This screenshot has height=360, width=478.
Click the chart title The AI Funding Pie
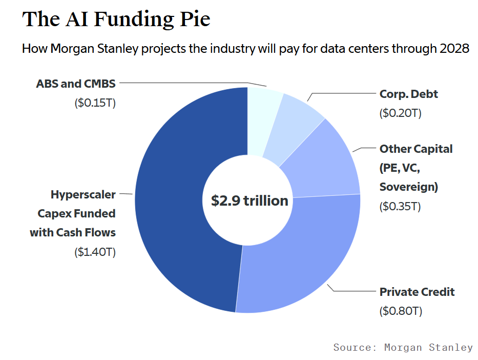pos(116,19)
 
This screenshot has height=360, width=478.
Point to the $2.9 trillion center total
pos(250,201)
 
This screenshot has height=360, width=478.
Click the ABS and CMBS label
pos(76,83)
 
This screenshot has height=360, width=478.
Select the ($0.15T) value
pos(95,103)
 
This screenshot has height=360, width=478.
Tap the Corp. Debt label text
pos(408,94)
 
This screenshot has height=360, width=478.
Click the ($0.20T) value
pos(400,113)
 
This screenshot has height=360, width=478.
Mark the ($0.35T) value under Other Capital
pos(400,206)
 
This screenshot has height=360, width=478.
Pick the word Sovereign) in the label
pos(408,187)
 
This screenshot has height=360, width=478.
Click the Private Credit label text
pos(417,292)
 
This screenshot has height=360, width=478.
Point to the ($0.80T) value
pos(400,311)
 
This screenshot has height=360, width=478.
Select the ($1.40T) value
pos(95,252)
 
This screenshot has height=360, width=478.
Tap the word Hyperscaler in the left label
pos(83,194)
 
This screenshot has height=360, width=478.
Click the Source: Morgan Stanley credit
pos(403,347)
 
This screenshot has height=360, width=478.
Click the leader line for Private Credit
pos(354,291)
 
